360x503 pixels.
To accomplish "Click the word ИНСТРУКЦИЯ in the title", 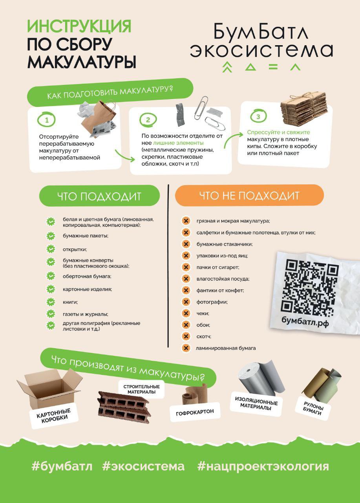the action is [x=79, y=26].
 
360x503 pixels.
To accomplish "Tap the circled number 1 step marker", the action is [x=46, y=119].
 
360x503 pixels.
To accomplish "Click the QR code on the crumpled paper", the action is [x=310, y=287].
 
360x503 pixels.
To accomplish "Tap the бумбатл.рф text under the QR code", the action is [x=305, y=322].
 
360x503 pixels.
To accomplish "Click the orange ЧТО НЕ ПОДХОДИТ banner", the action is [x=249, y=195].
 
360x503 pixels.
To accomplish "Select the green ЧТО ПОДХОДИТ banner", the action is [x=99, y=196].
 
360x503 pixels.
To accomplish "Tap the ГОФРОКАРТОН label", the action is [x=195, y=413].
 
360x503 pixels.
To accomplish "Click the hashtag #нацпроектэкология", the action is [x=263, y=466].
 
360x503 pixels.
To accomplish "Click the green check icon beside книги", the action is [x=51, y=302].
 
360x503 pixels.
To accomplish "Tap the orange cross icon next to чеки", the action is [x=186, y=313].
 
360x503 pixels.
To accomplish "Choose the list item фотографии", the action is [x=212, y=302].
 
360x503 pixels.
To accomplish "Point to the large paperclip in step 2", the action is [x=201, y=108].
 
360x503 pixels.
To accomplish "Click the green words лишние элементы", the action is [x=178, y=143].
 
